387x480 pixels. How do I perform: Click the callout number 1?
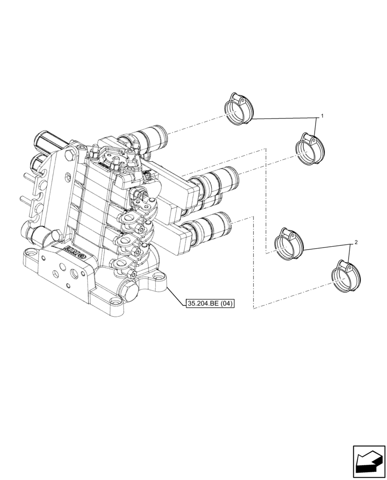coord(322,116)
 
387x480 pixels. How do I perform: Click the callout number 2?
coord(355,243)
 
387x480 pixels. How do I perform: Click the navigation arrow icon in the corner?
coord(369,460)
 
